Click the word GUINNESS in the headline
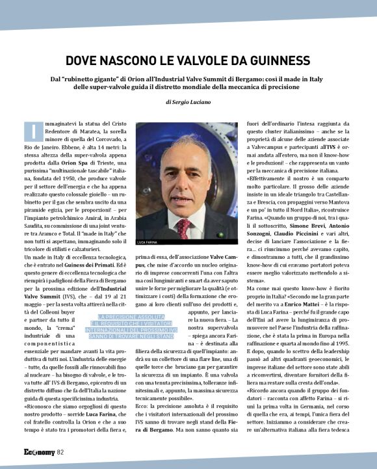274,60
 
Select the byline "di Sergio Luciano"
188,102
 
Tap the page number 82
60,452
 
